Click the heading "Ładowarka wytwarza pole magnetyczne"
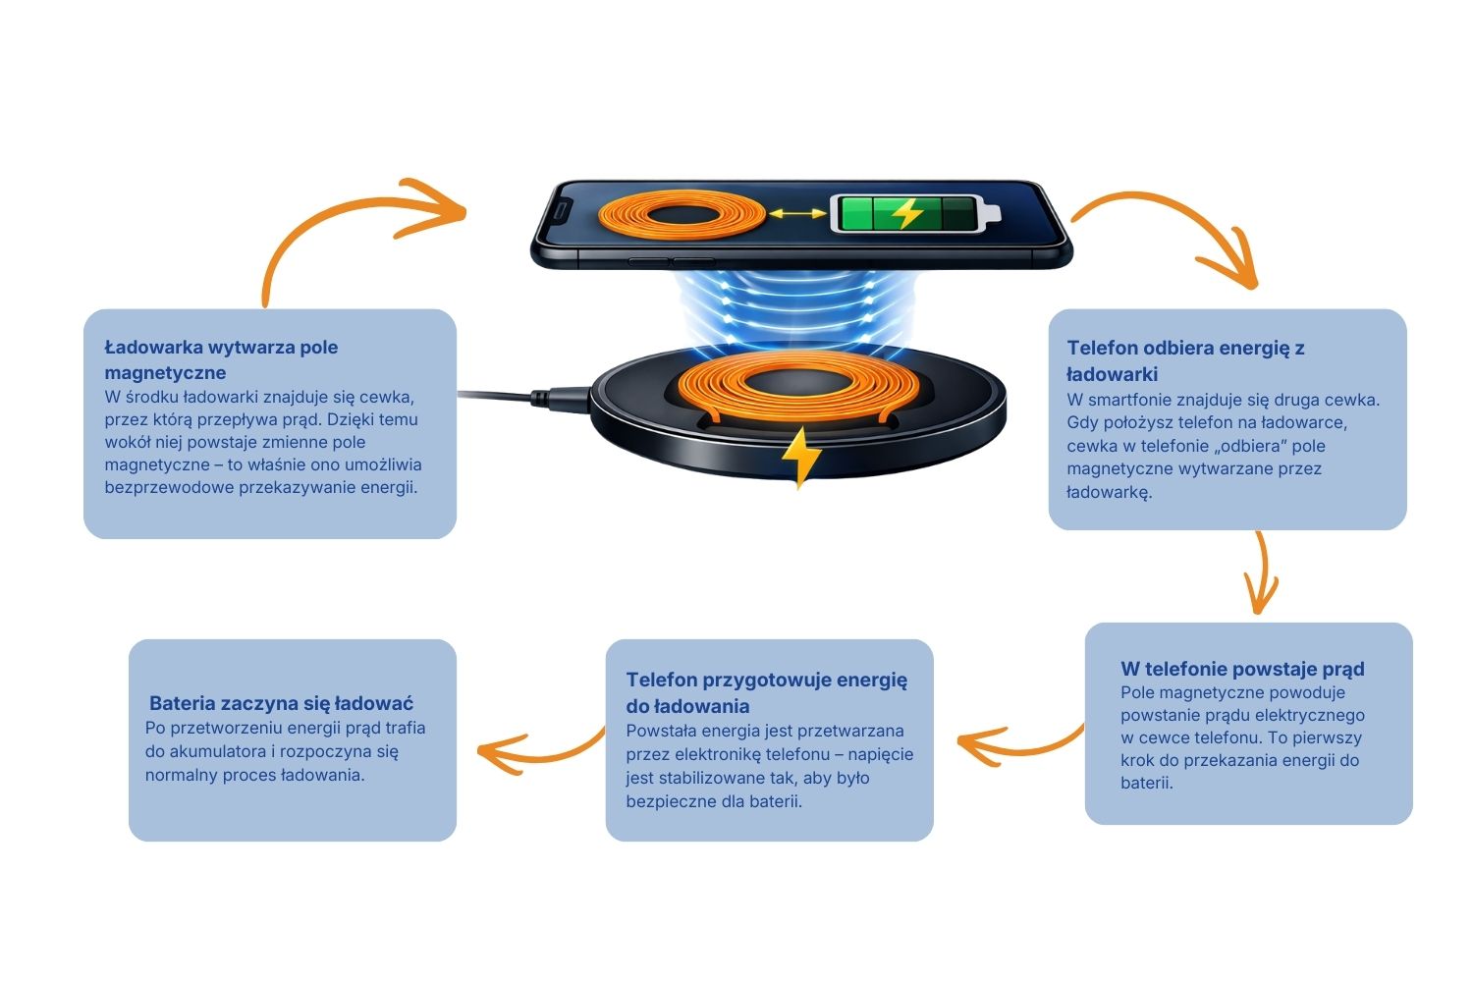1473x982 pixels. click(x=221, y=359)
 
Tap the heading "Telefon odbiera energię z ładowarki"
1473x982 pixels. click(x=1185, y=360)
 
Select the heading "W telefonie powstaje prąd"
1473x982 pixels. click(x=1242, y=669)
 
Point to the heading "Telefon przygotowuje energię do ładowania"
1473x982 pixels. click(x=767, y=692)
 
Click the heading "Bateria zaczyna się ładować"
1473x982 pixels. click(x=282, y=703)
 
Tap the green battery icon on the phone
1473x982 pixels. click(x=914, y=213)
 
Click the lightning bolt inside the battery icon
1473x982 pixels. click(x=906, y=213)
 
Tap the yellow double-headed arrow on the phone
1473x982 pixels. click(x=797, y=213)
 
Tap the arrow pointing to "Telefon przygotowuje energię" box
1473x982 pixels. click(x=1019, y=750)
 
